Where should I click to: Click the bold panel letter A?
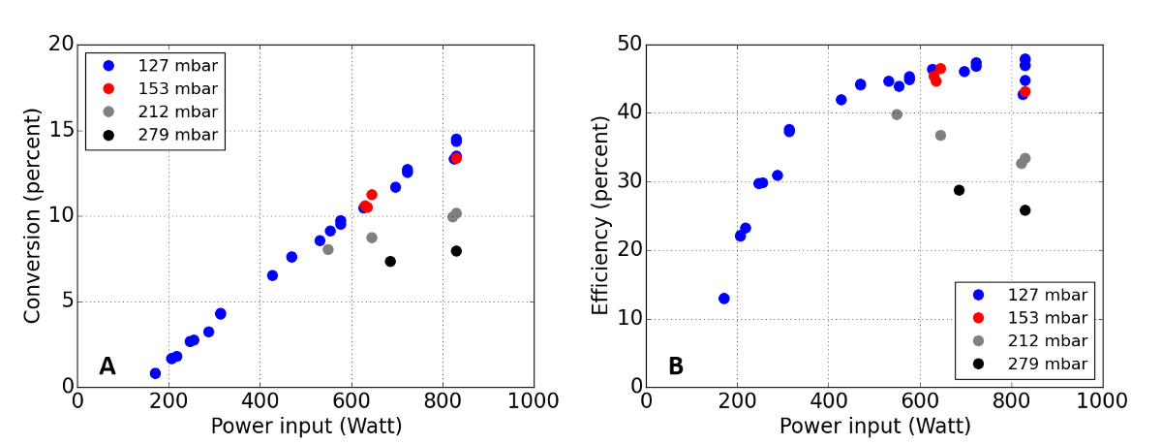pos(107,366)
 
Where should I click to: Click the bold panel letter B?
pos(676,366)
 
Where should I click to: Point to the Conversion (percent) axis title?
pos(33,215)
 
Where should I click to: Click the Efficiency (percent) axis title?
pos(601,215)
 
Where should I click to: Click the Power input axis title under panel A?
pos(306,426)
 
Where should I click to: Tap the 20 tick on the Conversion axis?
pos(59,45)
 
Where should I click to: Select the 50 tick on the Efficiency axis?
pos(628,45)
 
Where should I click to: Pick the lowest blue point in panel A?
pos(155,373)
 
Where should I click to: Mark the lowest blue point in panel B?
pos(723,299)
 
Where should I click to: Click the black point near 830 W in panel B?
pos(1024,210)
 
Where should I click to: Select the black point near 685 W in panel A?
pos(390,262)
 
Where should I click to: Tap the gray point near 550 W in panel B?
pos(897,114)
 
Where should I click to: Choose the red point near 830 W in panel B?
pos(1024,92)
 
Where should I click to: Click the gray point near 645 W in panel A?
pos(372,238)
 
